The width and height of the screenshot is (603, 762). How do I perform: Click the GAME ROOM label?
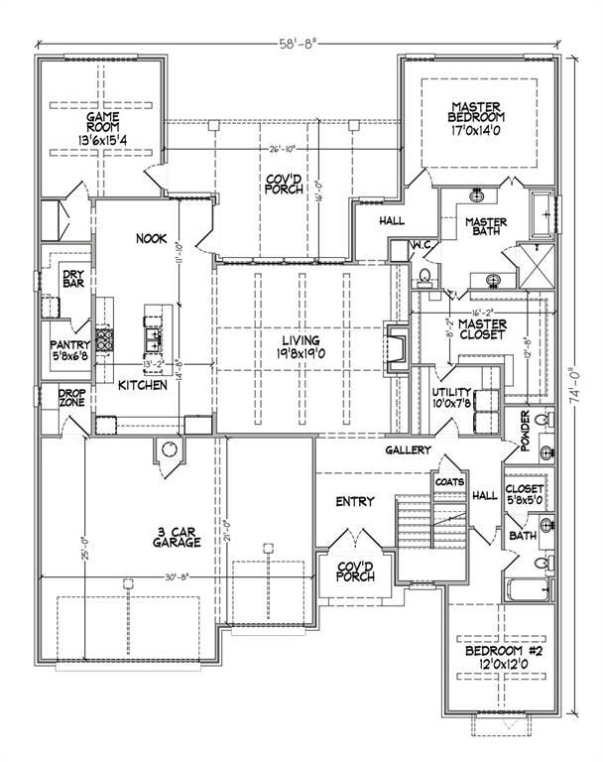coord(101,128)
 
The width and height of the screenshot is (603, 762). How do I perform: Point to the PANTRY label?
coord(70,352)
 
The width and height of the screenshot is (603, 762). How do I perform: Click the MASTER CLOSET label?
coord(484,329)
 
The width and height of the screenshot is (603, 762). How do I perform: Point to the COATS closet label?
coord(448,481)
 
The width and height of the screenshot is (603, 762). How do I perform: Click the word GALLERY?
coord(409,450)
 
